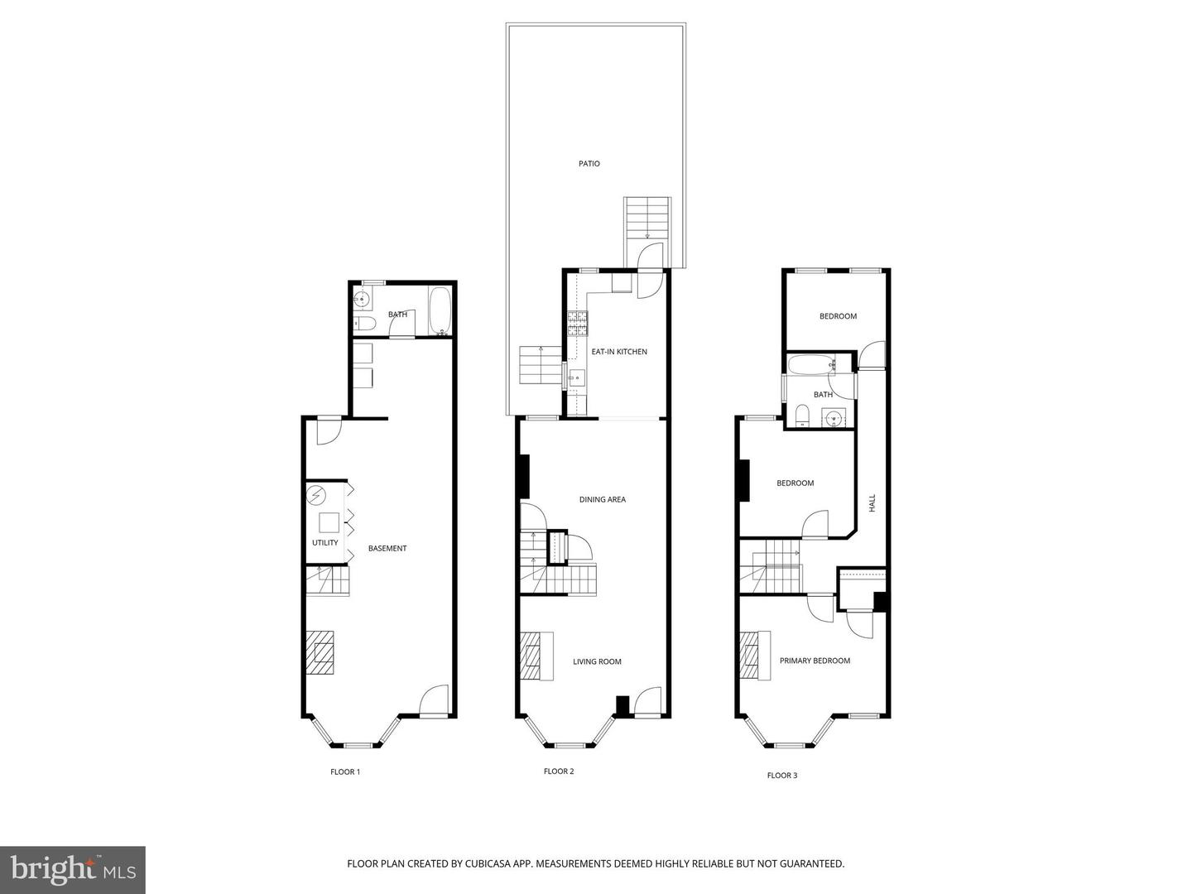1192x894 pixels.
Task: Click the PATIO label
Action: point(589,164)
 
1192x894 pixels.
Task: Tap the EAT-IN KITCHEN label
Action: point(618,352)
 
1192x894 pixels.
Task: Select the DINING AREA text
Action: point(602,499)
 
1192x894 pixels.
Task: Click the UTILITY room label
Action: point(324,543)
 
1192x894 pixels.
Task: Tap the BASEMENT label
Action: point(387,548)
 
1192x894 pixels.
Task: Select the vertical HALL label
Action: point(872,503)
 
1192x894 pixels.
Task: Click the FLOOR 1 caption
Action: point(345,771)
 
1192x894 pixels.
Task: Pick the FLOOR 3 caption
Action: point(782,776)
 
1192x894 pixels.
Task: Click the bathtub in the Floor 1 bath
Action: point(439,311)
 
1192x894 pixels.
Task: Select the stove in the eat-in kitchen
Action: point(577,323)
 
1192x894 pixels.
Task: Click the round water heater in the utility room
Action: point(316,496)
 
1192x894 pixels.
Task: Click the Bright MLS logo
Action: point(73,869)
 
